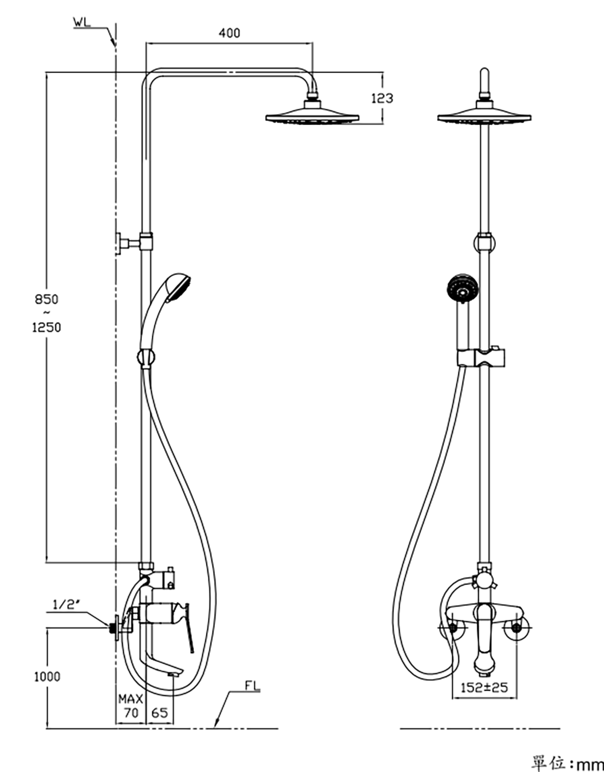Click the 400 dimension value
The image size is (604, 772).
(x=230, y=33)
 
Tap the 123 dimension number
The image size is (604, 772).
(x=382, y=98)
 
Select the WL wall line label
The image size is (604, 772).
(x=82, y=22)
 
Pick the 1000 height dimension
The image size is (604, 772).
(x=47, y=677)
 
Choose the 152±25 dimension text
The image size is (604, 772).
(x=484, y=687)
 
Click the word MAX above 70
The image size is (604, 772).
(x=130, y=699)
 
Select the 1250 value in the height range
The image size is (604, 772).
(x=47, y=327)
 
